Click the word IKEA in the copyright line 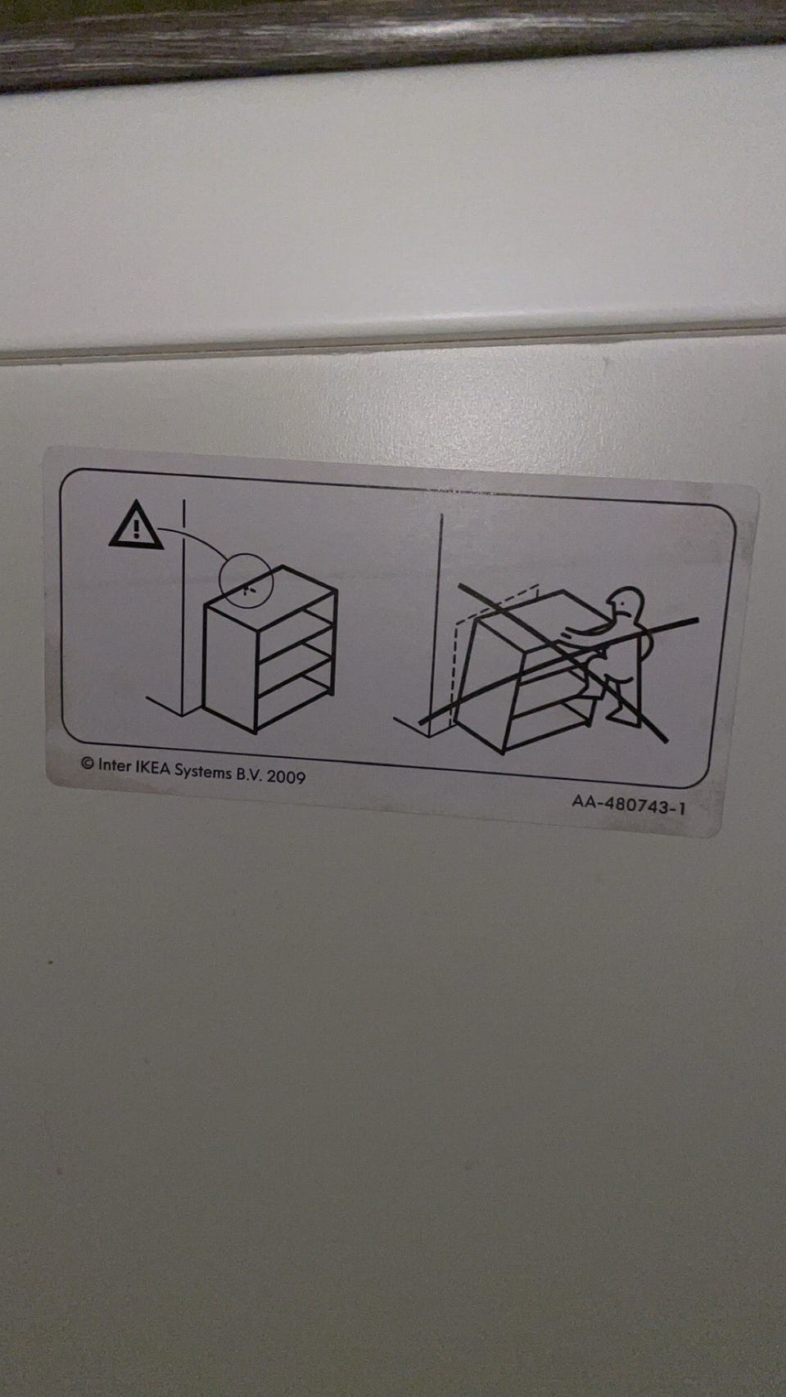click(x=152, y=768)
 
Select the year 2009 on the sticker click(x=286, y=777)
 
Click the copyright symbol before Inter click(x=88, y=763)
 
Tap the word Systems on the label click(x=202, y=772)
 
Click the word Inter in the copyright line click(x=114, y=764)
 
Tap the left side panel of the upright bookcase click(x=229, y=665)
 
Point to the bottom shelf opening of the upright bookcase click(x=294, y=700)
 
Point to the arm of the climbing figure click(x=593, y=631)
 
